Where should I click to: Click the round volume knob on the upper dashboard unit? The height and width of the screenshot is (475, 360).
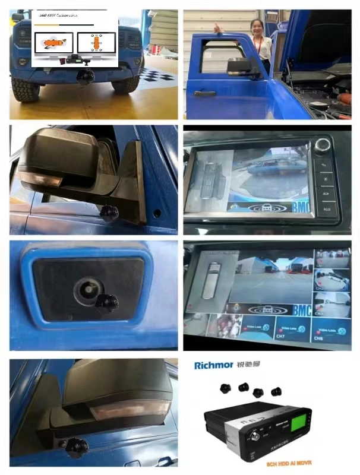pyautogui.click(x=324, y=144)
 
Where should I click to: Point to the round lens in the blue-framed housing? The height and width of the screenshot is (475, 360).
pyautogui.click(x=84, y=288)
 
